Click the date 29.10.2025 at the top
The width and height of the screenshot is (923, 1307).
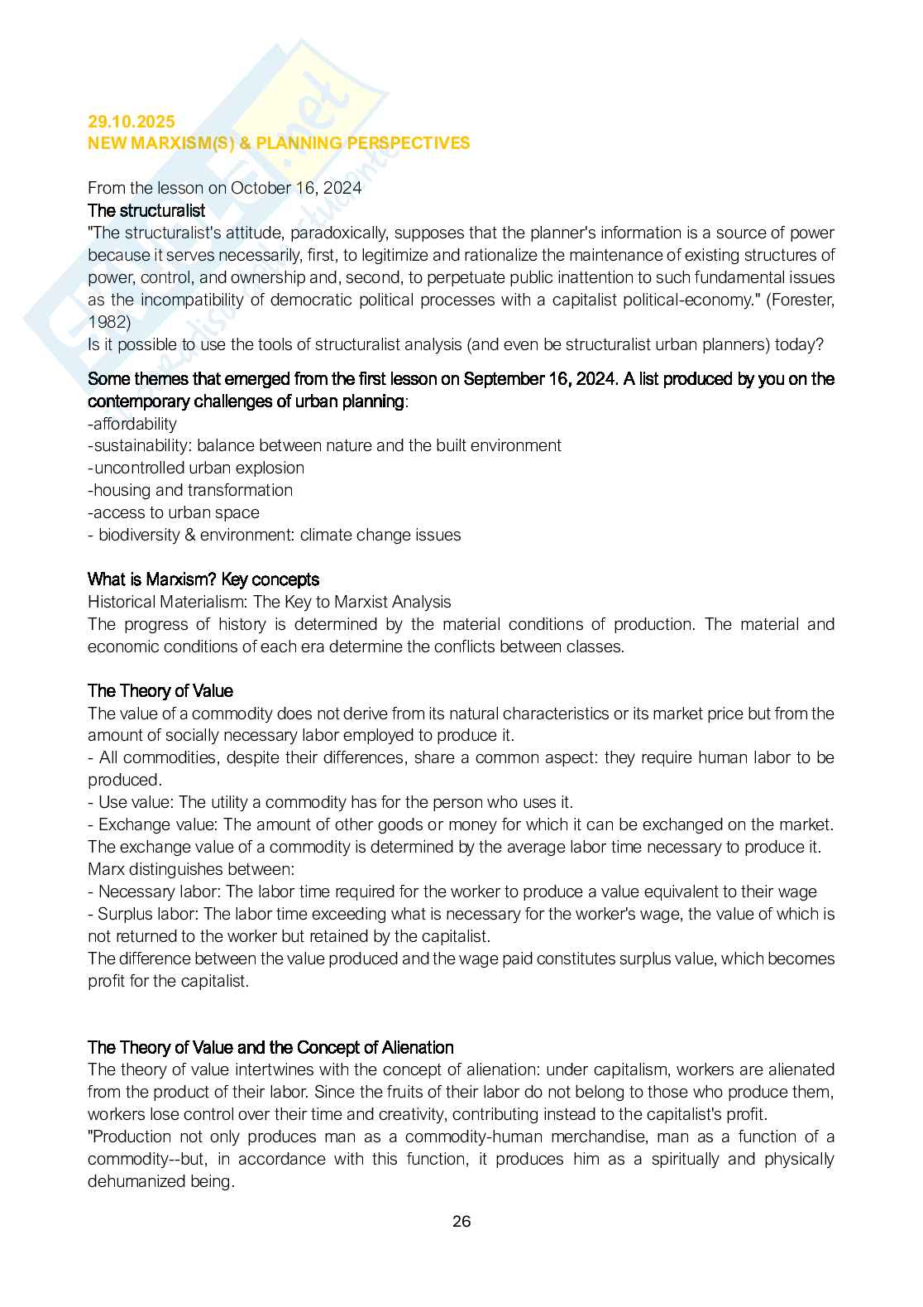pyautogui.click(x=132, y=122)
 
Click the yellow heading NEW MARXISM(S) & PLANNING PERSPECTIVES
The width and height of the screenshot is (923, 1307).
pyautogui.click(x=279, y=143)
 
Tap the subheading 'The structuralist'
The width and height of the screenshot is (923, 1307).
pyautogui.click(x=146, y=210)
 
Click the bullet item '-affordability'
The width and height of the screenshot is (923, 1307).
pyautogui.click(x=132, y=424)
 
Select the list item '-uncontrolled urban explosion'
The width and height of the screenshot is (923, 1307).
pyautogui.click(x=196, y=468)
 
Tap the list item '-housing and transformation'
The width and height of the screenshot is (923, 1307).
pyautogui.click(x=190, y=490)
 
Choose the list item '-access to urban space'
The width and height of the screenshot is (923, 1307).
pyautogui.click(x=174, y=512)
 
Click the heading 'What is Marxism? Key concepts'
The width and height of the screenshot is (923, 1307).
pyautogui.click(x=203, y=579)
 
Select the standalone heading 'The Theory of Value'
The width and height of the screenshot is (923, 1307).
pyautogui.click(x=160, y=691)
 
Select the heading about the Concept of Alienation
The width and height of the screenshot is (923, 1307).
pyautogui.click(x=270, y=1047)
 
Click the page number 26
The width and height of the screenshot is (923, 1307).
pyautogui.click(x=461, y=1222)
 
